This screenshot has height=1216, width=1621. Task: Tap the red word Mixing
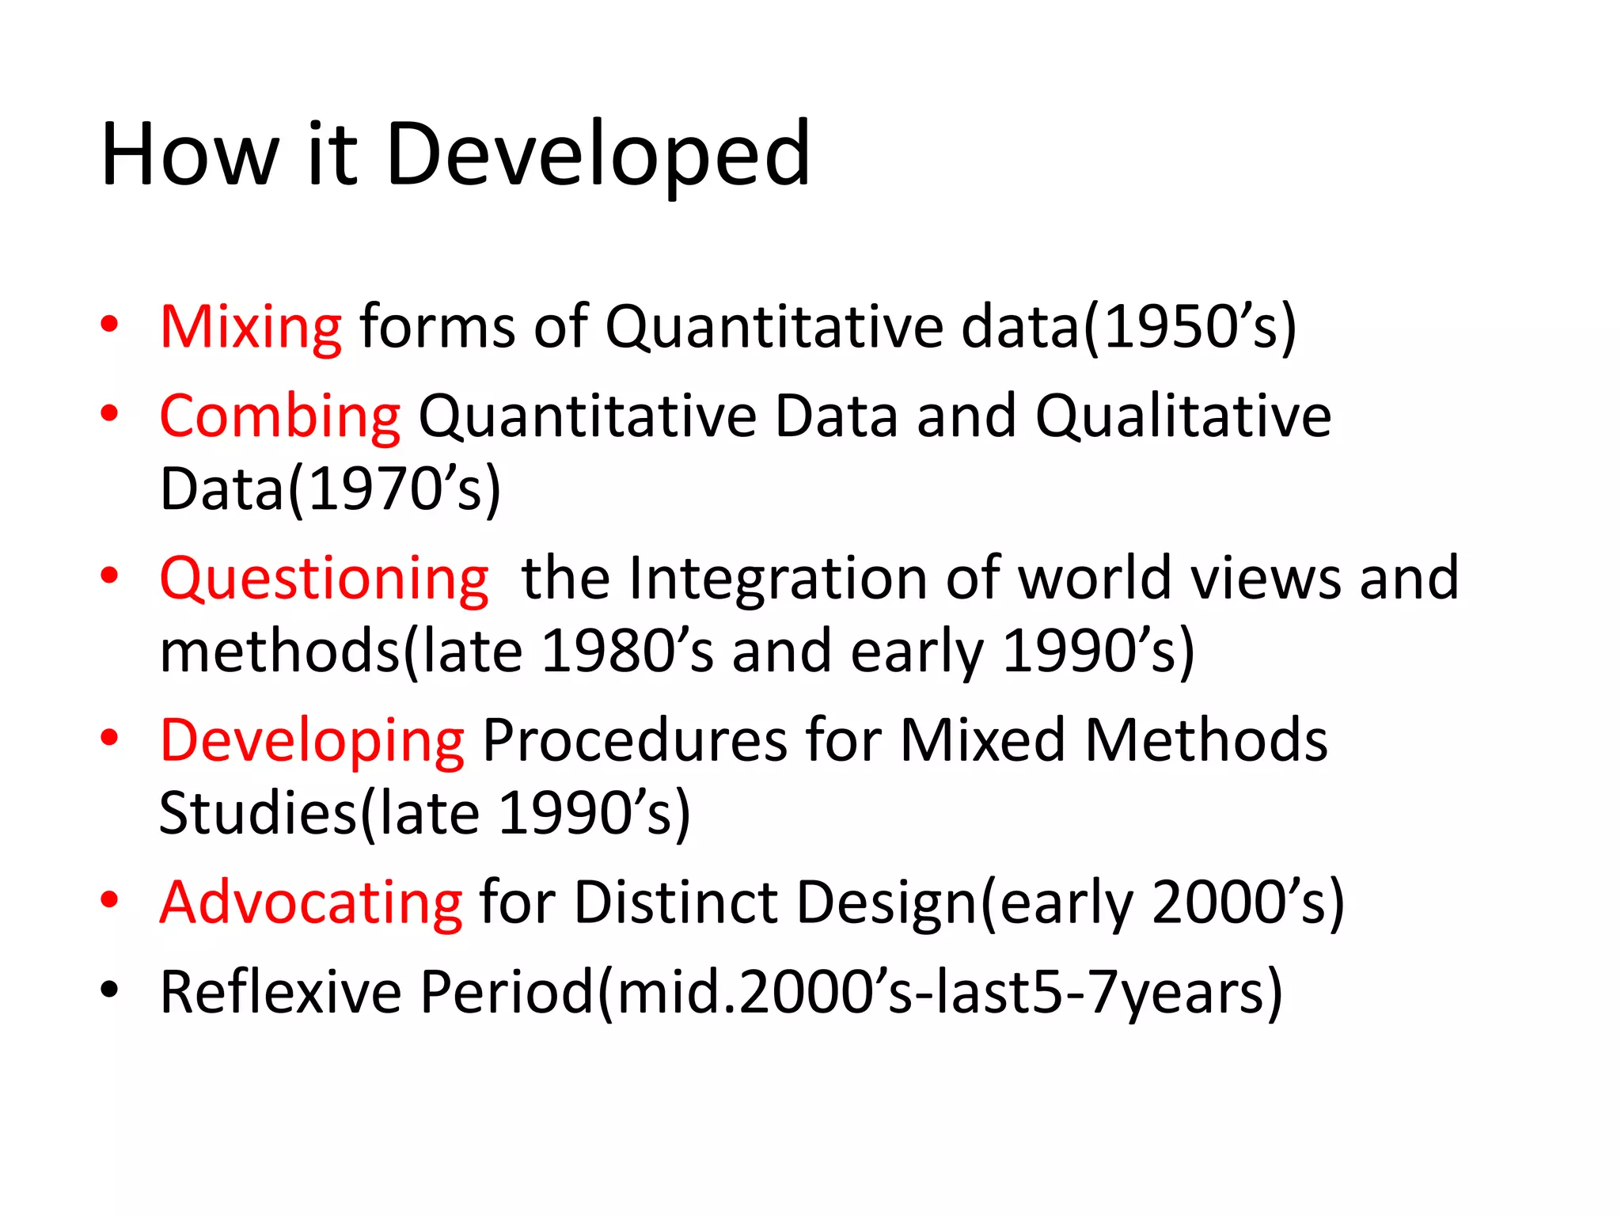pos(251,328)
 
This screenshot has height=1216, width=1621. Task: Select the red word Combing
pos(280,417)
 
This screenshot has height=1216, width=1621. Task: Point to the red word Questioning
pos(325,579)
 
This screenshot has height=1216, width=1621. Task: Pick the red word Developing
pos(312,742)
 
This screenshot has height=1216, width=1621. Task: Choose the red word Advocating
pos(311,902)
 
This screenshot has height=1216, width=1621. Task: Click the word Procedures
pos(634,740)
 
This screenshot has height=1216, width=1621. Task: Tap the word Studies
pos(258,814)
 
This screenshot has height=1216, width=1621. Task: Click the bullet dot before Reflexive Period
pos(109,990)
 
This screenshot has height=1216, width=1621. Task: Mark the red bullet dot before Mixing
pos(109,324)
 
